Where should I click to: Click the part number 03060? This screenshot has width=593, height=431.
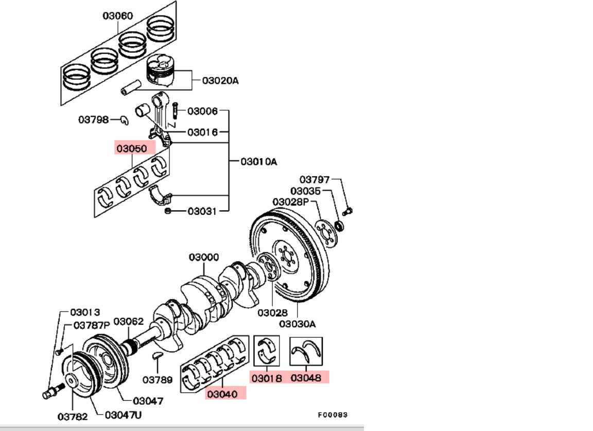[x=117, y=15]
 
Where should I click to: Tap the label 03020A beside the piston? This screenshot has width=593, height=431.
[x=220, y=80]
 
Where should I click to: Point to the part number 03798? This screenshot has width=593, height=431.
[x=93, y=119]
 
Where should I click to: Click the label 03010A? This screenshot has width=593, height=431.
[x=258, y=161]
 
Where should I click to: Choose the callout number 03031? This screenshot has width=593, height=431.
[x=202, y=211]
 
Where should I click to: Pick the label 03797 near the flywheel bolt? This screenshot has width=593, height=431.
[x=315, y=179]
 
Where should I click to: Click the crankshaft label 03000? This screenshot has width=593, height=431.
[x=203, y=256]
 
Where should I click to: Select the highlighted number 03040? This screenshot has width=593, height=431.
[x=222, y=394]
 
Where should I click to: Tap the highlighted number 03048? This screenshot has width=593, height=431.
[x=306, y=377]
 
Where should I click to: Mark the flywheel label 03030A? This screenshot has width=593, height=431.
[x=297, y=324]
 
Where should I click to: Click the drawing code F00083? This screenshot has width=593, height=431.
[x=332, y=414]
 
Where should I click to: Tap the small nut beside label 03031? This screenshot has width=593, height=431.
[x=168, y=211]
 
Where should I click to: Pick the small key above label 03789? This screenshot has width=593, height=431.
[x=159, y=355]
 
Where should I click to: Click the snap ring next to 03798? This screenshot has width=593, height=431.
[x=124, y=120]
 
